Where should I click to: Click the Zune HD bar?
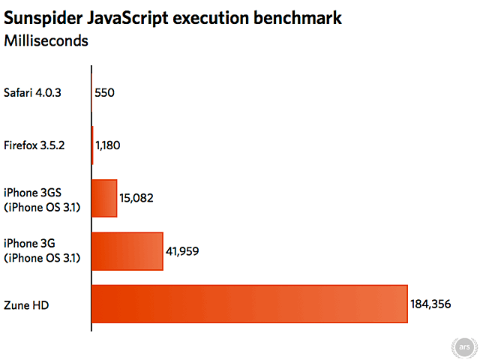coord(249,304)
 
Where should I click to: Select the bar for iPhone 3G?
coord(127,251)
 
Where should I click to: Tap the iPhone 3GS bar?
coord(104,198)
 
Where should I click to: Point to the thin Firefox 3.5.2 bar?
coord(92,145)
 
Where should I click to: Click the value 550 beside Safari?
coord(105,93)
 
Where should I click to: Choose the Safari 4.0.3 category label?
coord(34,93)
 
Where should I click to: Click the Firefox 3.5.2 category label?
coord(35,145)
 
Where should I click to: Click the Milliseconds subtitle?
coord(46,40)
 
